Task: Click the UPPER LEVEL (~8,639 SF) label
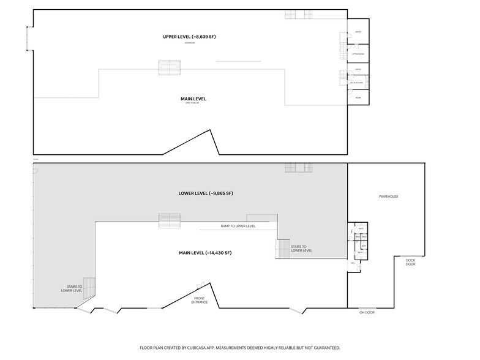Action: pos(189,37)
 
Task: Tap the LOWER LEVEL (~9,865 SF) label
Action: pos(205,193)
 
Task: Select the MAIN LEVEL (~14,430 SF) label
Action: pos(205,253)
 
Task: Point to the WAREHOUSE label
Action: pos(388,197)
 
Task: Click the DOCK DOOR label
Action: pos(410,262)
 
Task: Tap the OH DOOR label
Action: pos(367,313)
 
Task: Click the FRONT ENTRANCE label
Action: pos(199,300)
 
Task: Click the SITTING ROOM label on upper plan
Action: pos(358,54)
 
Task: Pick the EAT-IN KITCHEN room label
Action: pos(358,82)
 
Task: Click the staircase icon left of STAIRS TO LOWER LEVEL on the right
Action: pos(283,248)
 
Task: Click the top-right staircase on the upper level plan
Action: pos(299,14)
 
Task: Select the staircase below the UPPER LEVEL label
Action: pos(170,67)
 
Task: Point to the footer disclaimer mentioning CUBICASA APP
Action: pos(239,347)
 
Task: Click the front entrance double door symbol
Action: pos(200,285)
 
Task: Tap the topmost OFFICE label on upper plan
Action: pos(358,32)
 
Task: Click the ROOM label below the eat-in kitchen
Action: pos(358,97)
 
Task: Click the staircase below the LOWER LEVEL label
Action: pos(170,220)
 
